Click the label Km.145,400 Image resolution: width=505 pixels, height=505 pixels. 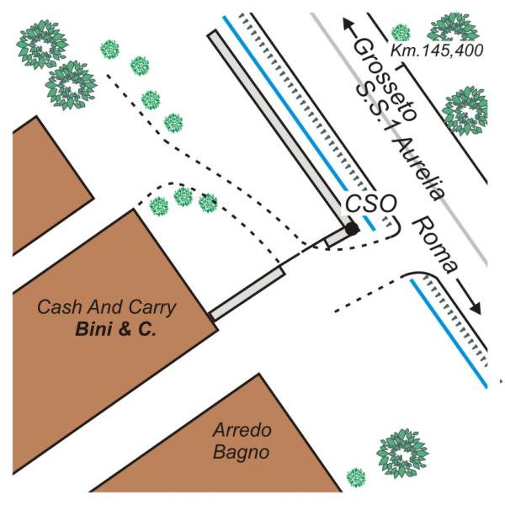coord(437,50)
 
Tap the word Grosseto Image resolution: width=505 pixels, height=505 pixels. coord(385,80)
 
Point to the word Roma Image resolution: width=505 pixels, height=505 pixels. coord(435,246)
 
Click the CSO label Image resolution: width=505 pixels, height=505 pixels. coord(370,203)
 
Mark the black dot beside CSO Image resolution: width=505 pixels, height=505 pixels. coord(353,229)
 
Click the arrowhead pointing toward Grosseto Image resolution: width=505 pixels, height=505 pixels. coord(347,24)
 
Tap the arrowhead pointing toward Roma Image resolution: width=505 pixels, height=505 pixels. coord(476,309)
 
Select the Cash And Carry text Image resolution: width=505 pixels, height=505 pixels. coord(107,307)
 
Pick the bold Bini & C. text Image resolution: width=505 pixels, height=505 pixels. coord(115,329)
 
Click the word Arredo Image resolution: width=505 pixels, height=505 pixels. coord(242,430)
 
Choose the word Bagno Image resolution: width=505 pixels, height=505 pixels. coord(242,452)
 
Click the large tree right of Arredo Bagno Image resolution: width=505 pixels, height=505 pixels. coord(402,454)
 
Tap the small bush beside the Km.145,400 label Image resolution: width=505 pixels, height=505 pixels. coord(401,33)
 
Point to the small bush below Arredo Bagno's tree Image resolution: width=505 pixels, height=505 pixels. coord(356,477)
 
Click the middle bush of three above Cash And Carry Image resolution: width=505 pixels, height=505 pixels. coord(183,196)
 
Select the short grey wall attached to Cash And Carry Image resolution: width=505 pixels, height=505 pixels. coord(247,294)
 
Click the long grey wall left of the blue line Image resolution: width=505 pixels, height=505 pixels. coord(279,129)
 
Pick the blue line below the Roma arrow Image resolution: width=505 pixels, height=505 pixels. coord(449,333)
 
